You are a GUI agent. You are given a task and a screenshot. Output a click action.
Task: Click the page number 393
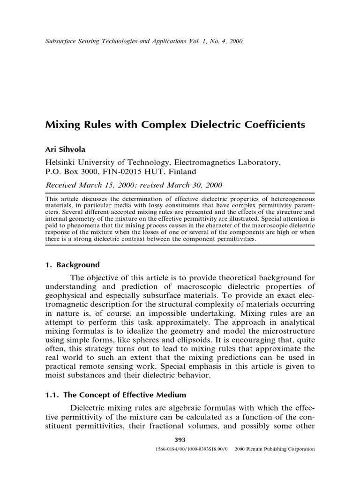(180, 440)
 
